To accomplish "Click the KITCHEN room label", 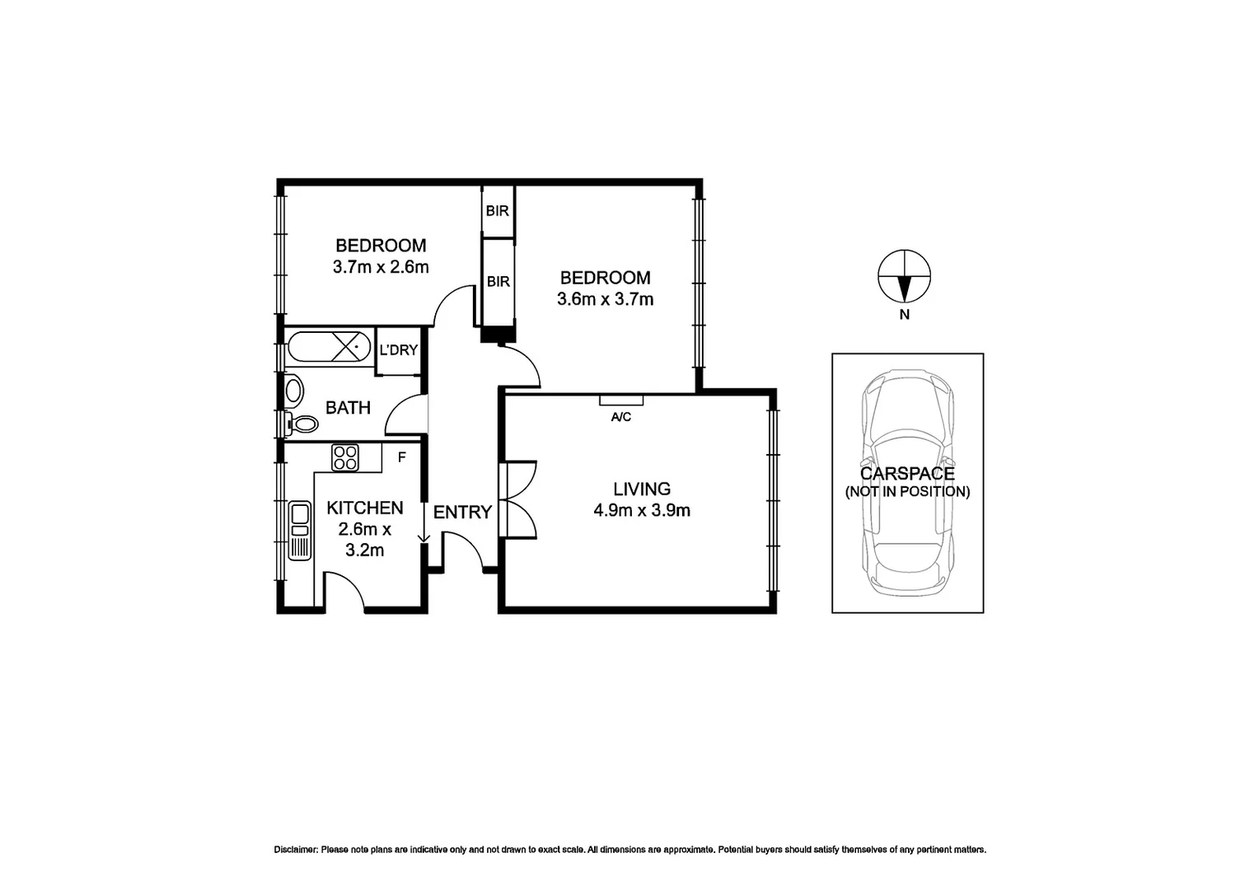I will point(365,508).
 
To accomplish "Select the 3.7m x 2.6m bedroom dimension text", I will point(381,267).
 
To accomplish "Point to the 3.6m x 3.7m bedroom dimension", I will point(605,299).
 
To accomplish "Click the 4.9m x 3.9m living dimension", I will point(641,511).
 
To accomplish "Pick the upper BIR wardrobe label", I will point(497,211).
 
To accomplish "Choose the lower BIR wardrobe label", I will point(498,282).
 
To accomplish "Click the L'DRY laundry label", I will point(398,350).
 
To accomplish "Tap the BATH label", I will point(348,407).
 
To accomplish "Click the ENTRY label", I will point(462,513).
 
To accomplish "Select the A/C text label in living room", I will point(620,418).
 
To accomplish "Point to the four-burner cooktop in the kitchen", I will point(345,457).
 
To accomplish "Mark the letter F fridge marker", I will point(402,457).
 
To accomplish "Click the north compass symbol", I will point(904,277).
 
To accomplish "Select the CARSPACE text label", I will point(907,474).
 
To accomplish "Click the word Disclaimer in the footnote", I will point(295,850).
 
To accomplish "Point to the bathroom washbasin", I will point(293,390).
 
